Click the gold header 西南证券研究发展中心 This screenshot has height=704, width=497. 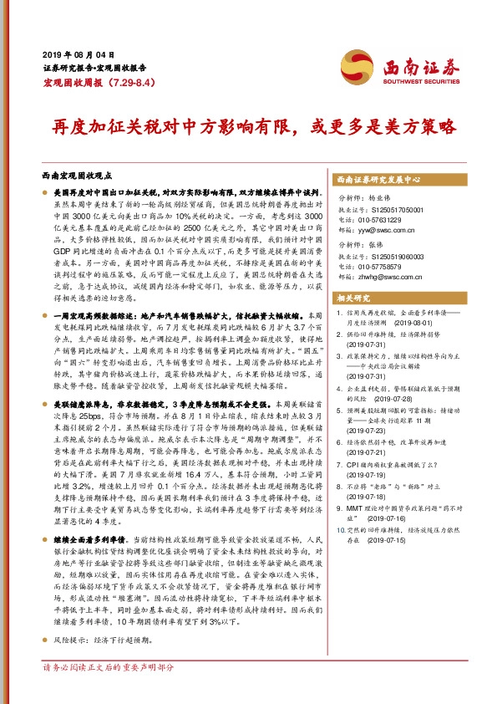pos(377,180)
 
